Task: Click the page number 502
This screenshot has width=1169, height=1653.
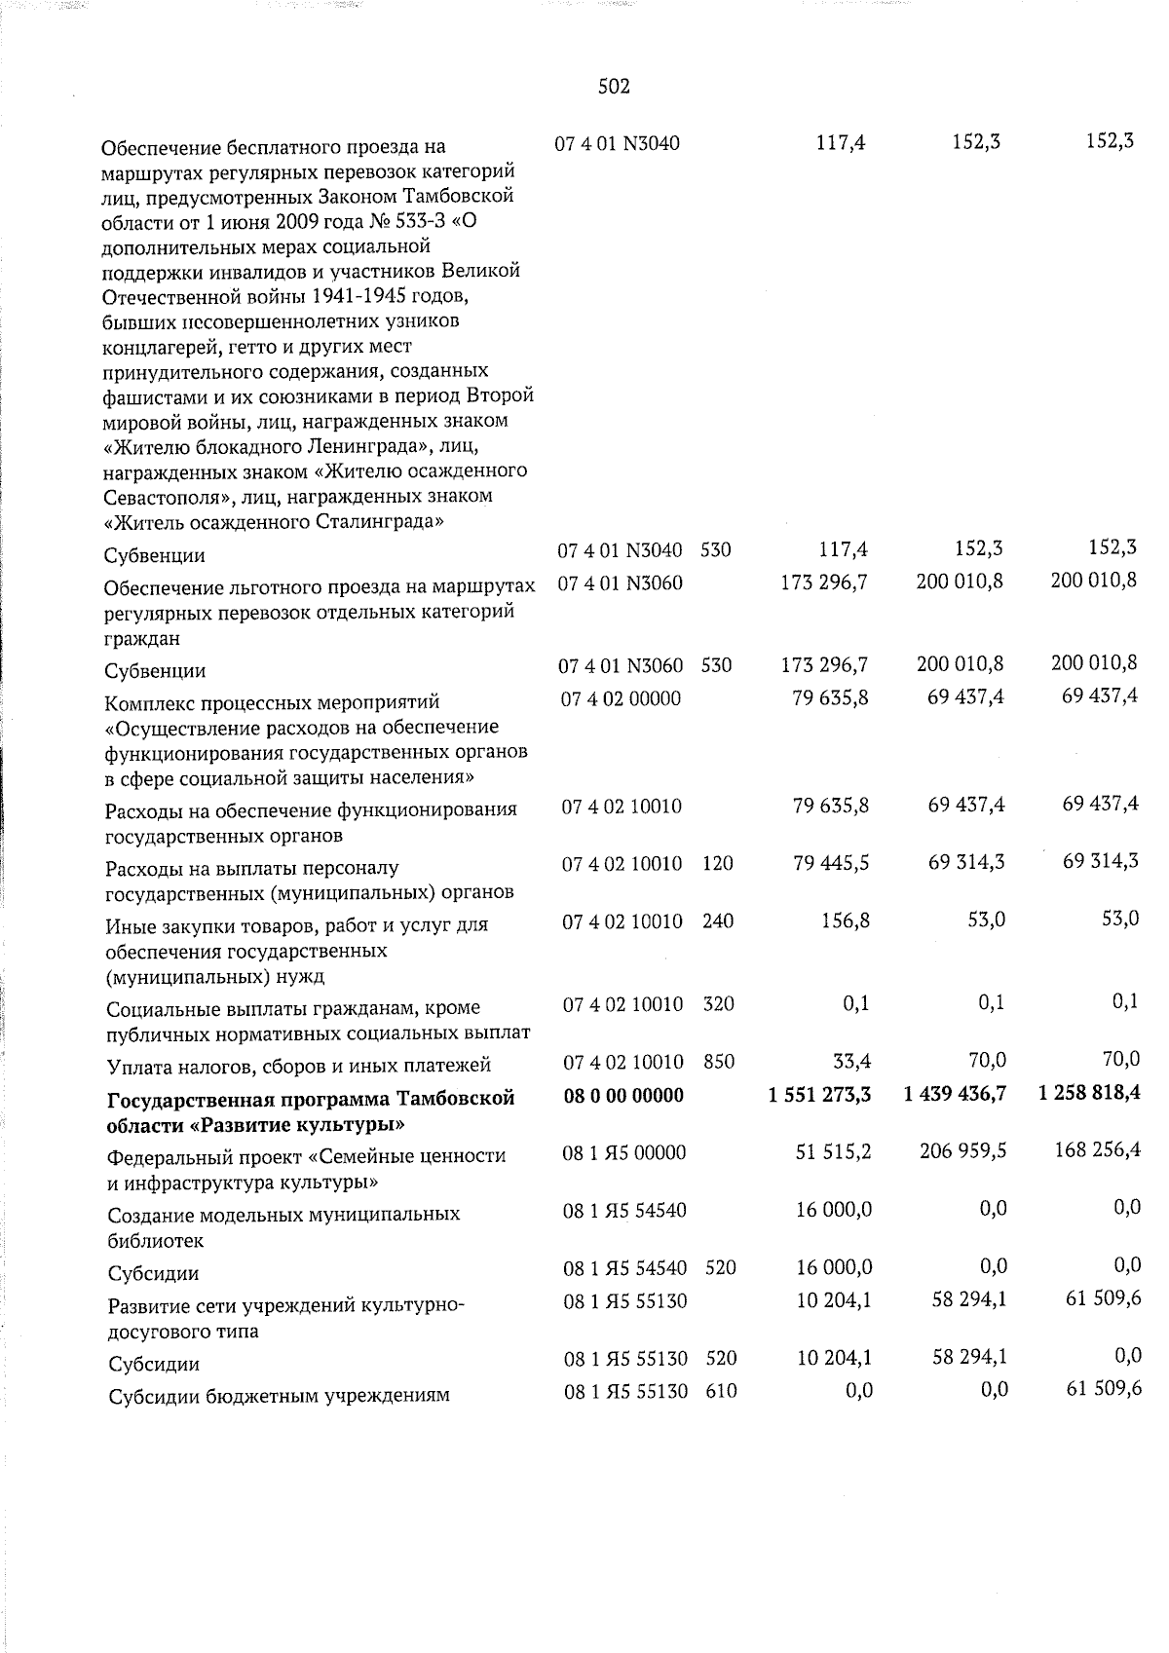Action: click(x=614, y=87)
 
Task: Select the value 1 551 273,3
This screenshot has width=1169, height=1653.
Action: click(x=818, y=1095)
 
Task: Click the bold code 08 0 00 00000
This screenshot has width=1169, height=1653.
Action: click(x=623, y=1095)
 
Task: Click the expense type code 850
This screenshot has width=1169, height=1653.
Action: click(x=718, y=1062)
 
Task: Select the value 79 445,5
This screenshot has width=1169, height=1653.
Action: click(x=831, y=863)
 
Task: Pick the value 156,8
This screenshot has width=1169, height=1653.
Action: click(x=844, y=920)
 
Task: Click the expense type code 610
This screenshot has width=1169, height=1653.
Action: click(x=720, y=1392)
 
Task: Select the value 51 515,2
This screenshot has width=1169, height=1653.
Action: click(x=831, y=1151)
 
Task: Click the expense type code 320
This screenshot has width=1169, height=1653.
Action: click(x=718, y=1004)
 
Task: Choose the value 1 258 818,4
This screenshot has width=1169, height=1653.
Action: click(x=1089, y=1095)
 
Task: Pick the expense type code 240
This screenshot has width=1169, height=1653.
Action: click(x=718, y=920)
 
